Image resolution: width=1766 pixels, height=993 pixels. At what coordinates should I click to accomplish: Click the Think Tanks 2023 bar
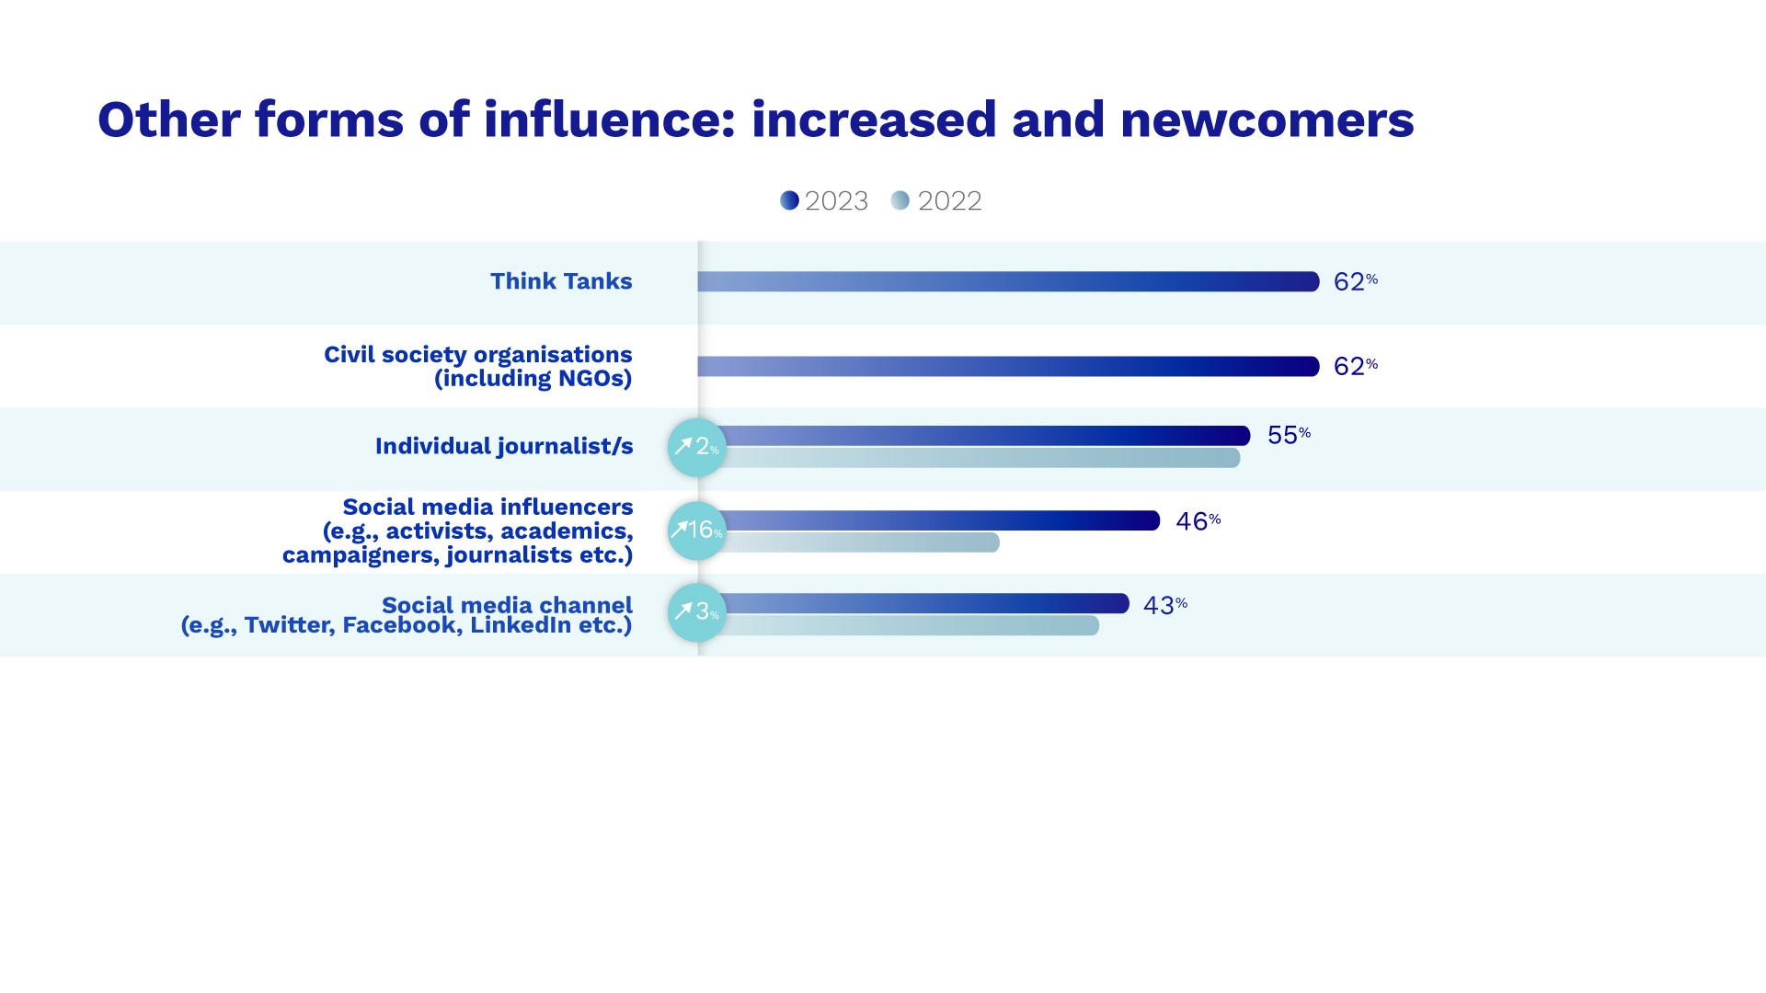1008,281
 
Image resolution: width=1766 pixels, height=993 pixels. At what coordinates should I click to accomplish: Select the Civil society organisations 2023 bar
1008,366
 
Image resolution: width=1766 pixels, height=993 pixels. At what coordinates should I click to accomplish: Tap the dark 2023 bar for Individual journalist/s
984,436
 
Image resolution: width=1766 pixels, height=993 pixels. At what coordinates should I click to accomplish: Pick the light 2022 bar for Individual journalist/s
980,457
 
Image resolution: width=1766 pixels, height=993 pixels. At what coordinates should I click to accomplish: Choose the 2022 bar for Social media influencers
861,542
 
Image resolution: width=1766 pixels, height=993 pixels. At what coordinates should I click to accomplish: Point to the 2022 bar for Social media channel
911,625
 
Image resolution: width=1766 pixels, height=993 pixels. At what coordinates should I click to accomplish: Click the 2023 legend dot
789,200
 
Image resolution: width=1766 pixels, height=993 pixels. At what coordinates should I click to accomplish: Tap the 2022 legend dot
900,200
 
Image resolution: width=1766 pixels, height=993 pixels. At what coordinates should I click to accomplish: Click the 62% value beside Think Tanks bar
1355,281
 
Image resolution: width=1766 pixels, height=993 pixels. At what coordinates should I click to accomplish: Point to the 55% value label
1288,435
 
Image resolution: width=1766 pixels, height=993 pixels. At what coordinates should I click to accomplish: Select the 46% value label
1198,521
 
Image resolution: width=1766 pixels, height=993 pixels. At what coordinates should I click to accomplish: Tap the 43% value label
1164,605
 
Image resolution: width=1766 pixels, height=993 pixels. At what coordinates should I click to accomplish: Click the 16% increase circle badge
696,531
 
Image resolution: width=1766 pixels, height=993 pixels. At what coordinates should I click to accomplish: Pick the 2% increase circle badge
696,447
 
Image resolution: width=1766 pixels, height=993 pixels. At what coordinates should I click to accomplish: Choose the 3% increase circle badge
696,611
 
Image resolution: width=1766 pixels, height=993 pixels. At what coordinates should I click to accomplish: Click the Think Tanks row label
561,281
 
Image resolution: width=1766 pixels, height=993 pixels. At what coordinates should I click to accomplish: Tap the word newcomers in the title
1267,120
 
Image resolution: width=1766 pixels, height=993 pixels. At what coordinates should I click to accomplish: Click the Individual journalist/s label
504,446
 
